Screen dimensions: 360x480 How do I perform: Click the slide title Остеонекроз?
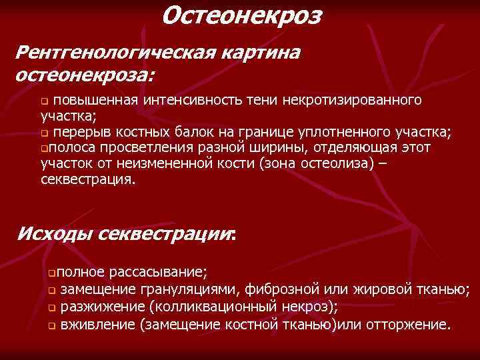click(x=241, y=15)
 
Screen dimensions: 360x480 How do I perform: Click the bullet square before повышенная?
click(x=44, y=101)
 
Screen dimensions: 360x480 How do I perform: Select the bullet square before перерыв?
click(x=44, y=131)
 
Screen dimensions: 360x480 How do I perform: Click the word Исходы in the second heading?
click(x=54, y=235)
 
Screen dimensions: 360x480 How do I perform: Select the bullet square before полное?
click(x=44, y=273)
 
